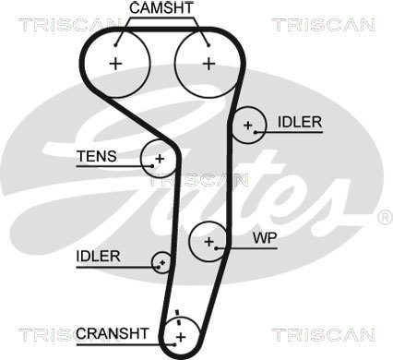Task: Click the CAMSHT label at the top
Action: tap(161, 8)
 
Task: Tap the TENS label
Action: tap(97, 156)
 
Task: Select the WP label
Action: tap(265, 237)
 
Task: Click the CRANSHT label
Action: tap(113, 333)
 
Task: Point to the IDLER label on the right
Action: tap(300, 122)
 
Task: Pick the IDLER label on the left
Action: tap(99, 257)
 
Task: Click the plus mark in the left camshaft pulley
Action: tap(116, 64)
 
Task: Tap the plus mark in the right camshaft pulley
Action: tap(209, 64)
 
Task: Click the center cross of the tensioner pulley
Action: tap(160, 159)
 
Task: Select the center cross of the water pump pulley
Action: tap(209, 242)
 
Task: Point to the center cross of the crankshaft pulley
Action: tap(181, 337)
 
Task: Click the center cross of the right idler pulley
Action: tap(248, 126)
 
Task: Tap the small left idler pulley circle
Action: tap(161, 262)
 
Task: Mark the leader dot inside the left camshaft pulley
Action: tap(115, 45)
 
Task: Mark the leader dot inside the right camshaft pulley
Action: tap(208, 45)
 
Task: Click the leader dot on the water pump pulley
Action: tap(216, 248)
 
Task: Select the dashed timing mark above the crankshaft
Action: tap(177, 318)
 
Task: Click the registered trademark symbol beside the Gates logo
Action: tap(385, 217)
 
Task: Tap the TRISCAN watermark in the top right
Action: tap(323, 25)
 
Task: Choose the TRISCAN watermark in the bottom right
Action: tap(323, 334)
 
